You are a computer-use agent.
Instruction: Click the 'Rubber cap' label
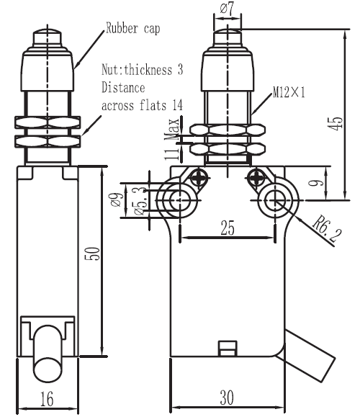coord(132,28)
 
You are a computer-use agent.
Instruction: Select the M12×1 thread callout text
coord(289,92)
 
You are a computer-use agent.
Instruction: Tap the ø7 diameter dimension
coord(227,9)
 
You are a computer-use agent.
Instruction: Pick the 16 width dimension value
coord(47,398)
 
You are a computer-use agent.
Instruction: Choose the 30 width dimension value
coord(227,398)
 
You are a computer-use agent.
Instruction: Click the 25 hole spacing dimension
coord(228,228)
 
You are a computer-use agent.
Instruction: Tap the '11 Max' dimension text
coord(172,139)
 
